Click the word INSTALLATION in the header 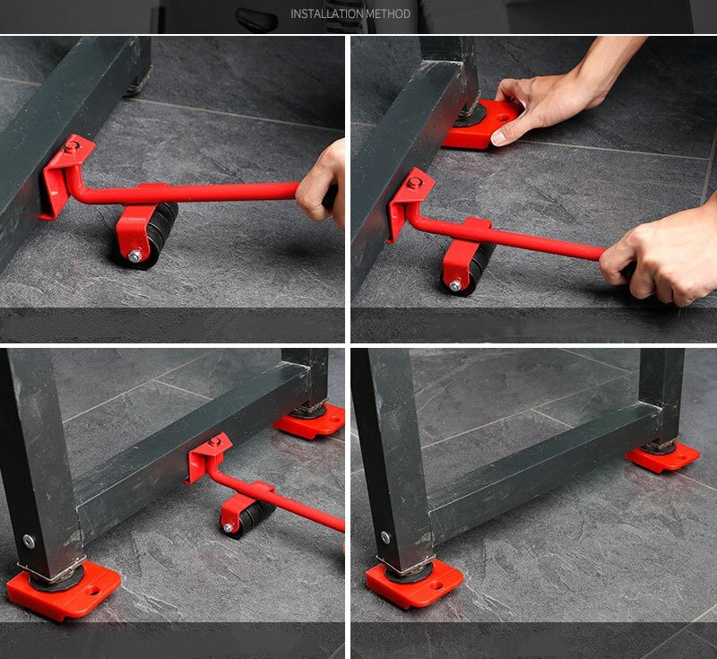(326, 14)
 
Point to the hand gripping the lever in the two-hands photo (659, 260)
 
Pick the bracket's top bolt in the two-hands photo (414, 183)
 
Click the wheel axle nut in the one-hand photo (134, 256)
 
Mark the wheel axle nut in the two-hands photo (455, 286)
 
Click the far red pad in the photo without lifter (662, 456)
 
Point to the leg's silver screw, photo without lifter (385, 538)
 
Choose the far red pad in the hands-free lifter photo (310, 420)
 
